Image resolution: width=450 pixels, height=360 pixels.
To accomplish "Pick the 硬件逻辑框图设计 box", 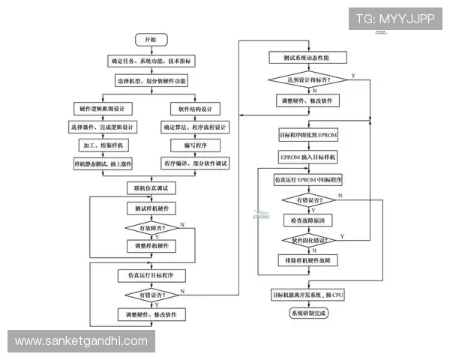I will pos(105,108).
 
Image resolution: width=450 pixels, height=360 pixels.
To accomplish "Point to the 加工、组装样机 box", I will pos(105,145).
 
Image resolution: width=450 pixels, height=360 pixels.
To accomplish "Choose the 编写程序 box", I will pos(195,145).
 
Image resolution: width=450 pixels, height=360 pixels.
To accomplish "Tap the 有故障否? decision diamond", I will pos(151,228).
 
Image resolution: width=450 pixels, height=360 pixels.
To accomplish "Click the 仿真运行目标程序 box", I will pos(151,275).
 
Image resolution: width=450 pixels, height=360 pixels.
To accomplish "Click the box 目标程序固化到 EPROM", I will pos(309,136).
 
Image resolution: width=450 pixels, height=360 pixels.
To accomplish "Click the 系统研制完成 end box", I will pos(309,313).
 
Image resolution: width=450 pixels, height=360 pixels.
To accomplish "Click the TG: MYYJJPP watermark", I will pos(394,19).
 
